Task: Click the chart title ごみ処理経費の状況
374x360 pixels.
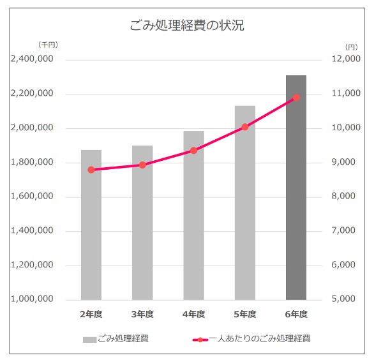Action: pyautogui.click(x=187, y=26)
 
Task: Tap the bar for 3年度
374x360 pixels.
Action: pyautogui.click(x=142, y=223)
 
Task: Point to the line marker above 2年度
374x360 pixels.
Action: pyautogui.click(x=91, y=170)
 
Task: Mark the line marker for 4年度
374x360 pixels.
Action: pyautogui.click(x=193, y=151)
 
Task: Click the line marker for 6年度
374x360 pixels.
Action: pyautogui.click(x=296, y=98)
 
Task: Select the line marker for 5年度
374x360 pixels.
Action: pyautogui.click(x=244, y=127)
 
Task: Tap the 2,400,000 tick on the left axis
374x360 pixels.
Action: pyautogui.click(x=32, y=60)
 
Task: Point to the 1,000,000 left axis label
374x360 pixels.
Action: pyautogui.click(x=32, y=299)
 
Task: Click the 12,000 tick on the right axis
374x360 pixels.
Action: pyautogui.click(x=348, y=60)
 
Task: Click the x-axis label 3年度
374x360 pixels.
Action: pyautogui.click(x=142, y=314)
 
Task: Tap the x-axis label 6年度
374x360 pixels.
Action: pyautogui.click(x=296, y=314)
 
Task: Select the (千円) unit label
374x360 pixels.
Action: pyautogui.click(x=48, y=44)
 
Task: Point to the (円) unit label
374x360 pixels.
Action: pyautogui.click(x=351, y=47)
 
